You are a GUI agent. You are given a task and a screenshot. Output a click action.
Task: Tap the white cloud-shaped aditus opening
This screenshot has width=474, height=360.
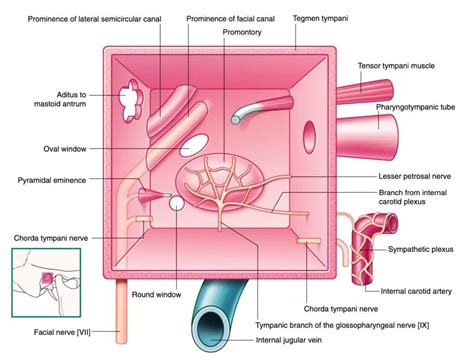131,98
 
